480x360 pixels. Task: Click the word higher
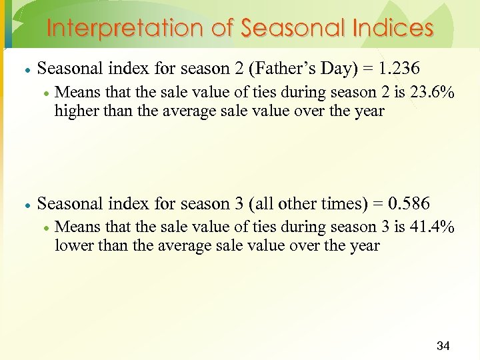click(75, 111)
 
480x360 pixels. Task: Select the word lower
click(73, 245)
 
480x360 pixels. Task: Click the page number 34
click(443, 345)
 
